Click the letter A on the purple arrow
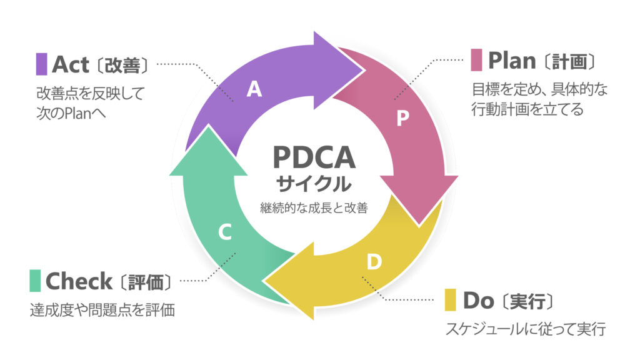[x=254, y=90]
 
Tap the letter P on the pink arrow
[x=404, y=119]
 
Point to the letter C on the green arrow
[x=225, y=233]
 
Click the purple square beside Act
[x=42, y=64]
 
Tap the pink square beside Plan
[x=477, y=61]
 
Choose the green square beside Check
[x=35, y=281]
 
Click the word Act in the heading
[x=70, y=64]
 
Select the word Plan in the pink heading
[x=512, y=61]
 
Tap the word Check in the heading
[x=79, y=281]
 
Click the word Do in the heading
[x=479, y=300]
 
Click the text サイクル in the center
[x=314, y=184]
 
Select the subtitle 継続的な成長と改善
[x=314, y=208]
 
